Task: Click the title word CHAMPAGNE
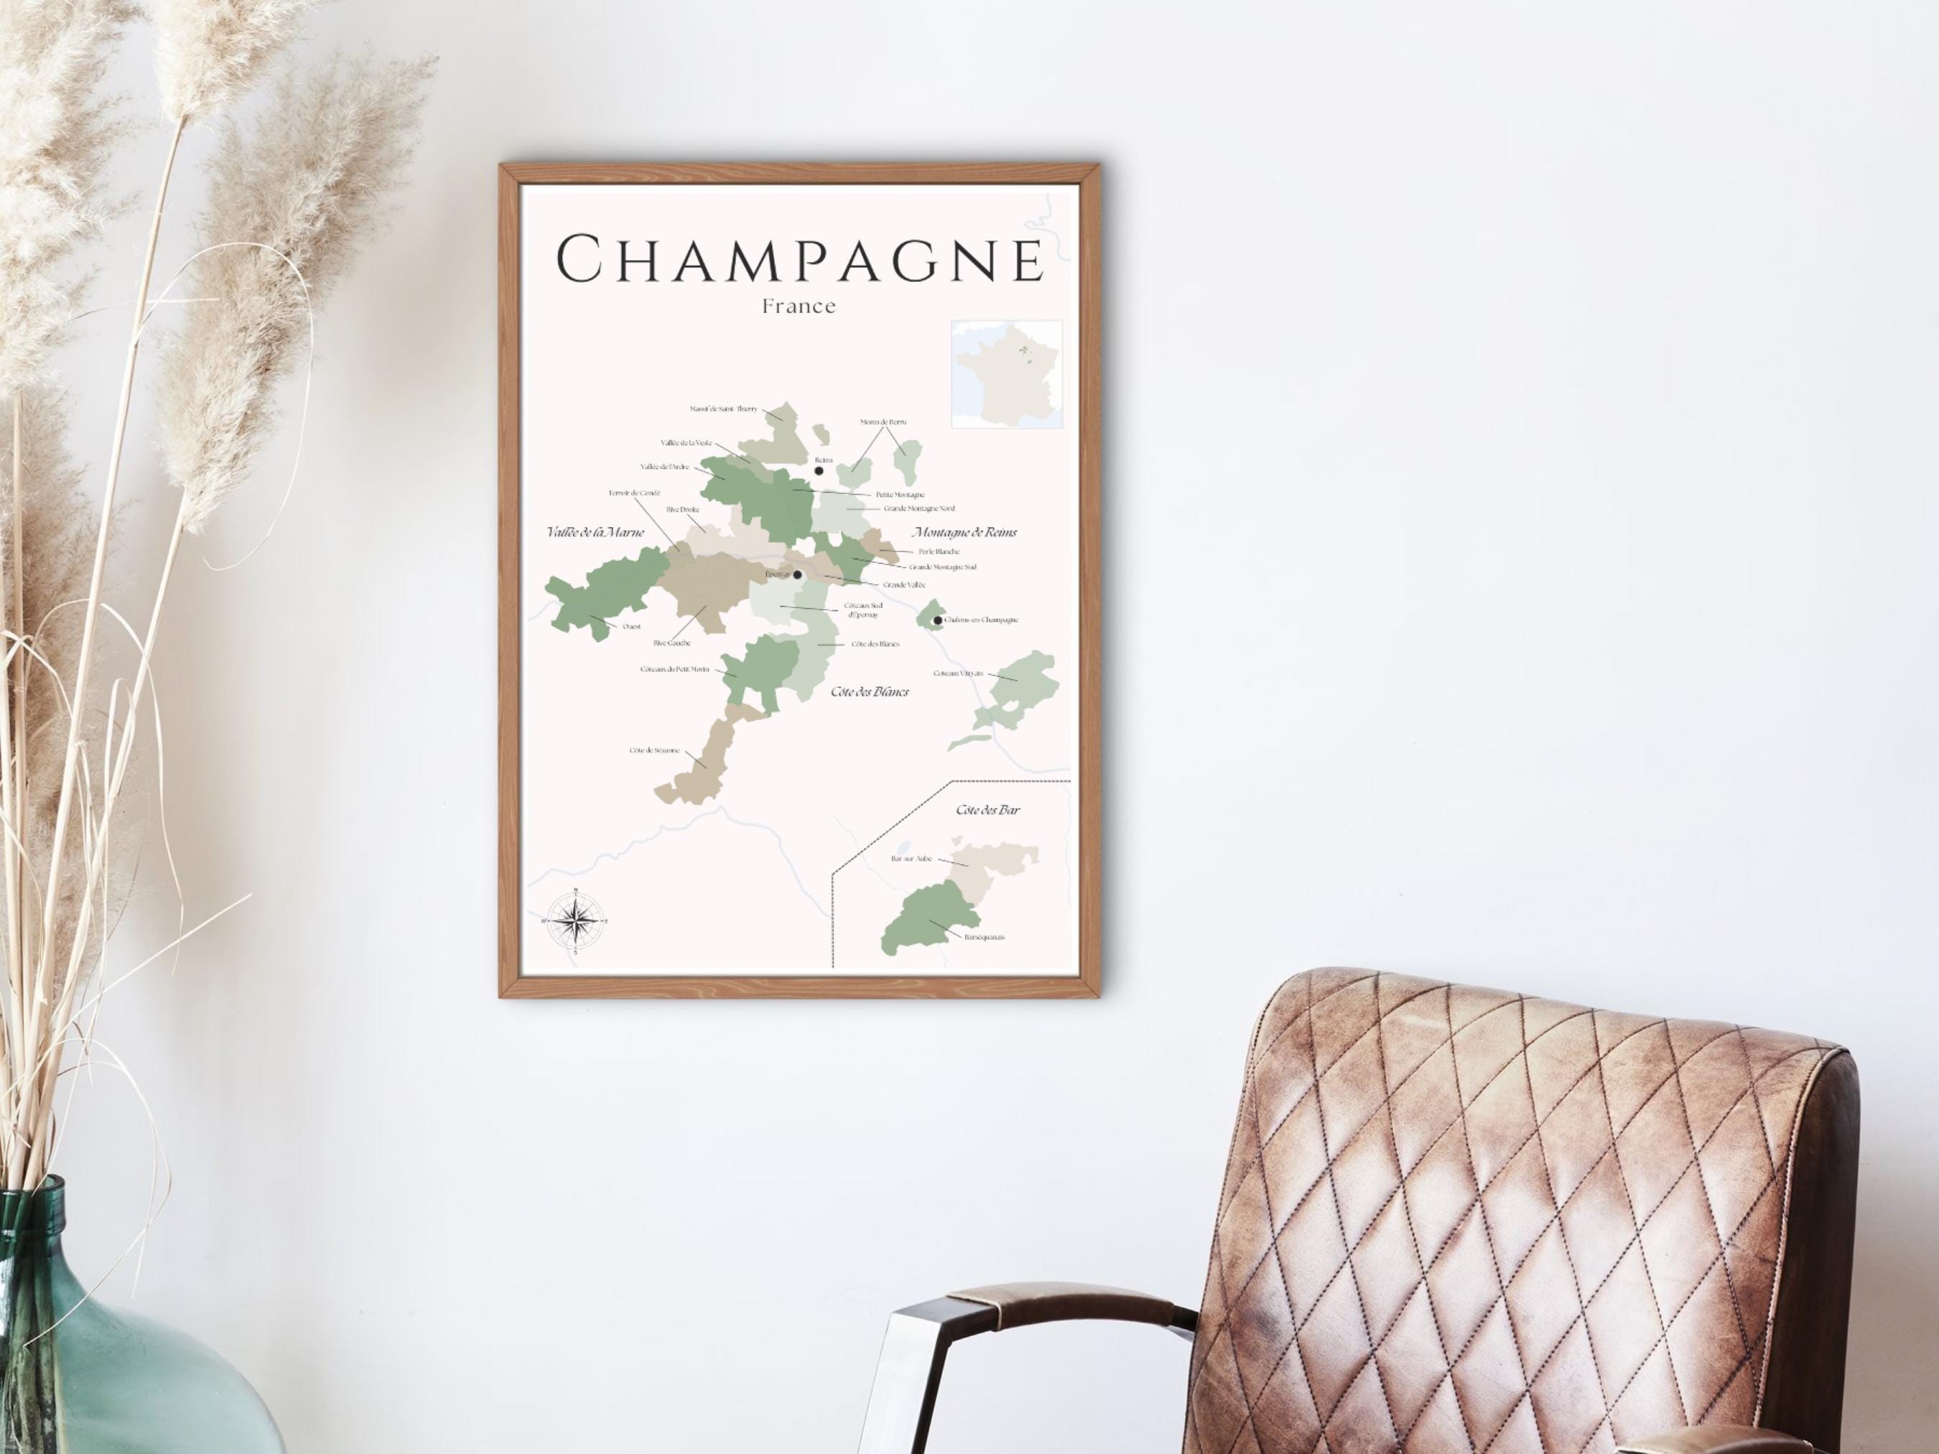[800, 259]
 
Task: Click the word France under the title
[799, 307]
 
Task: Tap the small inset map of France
[1006, 374]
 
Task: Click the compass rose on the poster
[575, 921]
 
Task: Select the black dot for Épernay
[797, 575]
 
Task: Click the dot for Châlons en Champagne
[938, 620]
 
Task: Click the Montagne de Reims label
[964, 532]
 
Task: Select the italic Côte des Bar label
[988, 810]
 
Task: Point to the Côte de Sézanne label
[654, 750]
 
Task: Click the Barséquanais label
[984, 937]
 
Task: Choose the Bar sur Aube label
[911, 859]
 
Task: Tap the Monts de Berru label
[883, 422]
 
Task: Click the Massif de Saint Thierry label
[723, 409]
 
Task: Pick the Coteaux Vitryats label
[958, 673]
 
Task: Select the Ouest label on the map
[631, 627]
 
